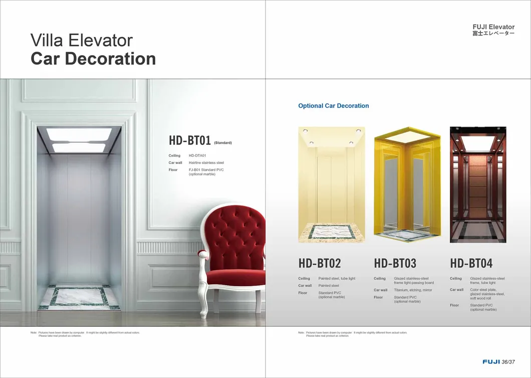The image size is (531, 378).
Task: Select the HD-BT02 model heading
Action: pyautogui.click(x=320, y=263)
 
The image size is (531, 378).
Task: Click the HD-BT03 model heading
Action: pyautogui.click(x=395, y=263)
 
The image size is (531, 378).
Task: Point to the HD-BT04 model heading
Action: pyautogui.click(x=471, y=263)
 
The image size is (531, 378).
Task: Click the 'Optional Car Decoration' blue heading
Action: pyautogui.click(x=334, y=106)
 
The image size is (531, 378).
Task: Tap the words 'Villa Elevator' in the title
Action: pyautogui.click(x=81, y=40)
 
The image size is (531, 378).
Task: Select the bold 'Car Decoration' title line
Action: pyautogui.click(x=93, y=59)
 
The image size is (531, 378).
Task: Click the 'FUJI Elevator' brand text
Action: pyautogui.click(x=493, y=27)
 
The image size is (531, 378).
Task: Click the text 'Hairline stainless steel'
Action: pyautogui.click(x=206, y=163)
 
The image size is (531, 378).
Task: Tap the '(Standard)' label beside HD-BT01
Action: pyautogui.click(x=223, y=143)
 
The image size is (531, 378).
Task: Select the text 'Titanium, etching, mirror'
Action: pyautogui.click(x=413, y=290)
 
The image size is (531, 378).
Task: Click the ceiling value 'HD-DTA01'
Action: pyautogui.click(x=197, y=156)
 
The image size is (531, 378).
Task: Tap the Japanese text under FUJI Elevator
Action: pyautogui.click(x=493, y=34)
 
